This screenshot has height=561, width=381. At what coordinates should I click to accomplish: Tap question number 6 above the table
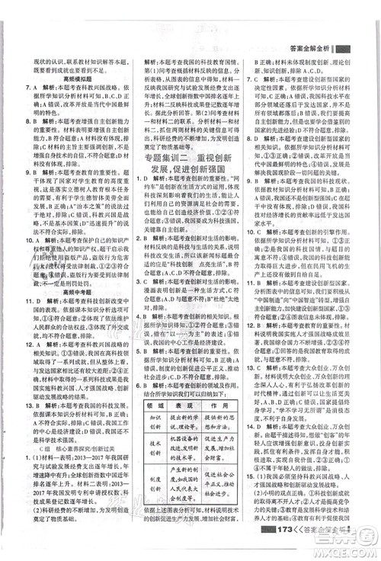141,346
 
